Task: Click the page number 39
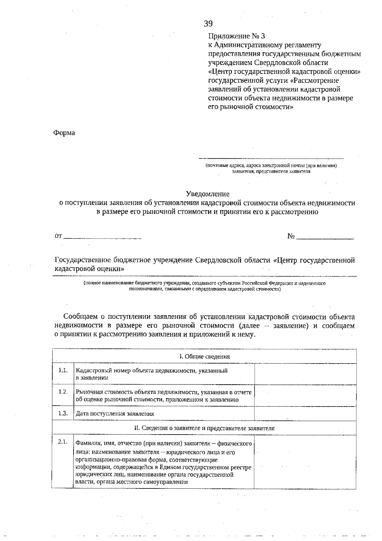click(208, 24)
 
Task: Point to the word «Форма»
click(64, 133)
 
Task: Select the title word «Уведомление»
click(208, 194)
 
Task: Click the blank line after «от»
click(103, 237)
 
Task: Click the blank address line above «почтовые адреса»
click(271, 157)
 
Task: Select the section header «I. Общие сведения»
click(204, 357)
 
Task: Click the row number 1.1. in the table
click(63, 370)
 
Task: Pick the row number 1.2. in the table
click(63, 392)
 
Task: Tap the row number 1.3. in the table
click(63, 413)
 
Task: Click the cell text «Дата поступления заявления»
click(115, 414)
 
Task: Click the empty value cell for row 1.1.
click(305, 374)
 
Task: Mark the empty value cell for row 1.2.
click(305, 395)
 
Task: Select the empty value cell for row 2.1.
click(305, 462)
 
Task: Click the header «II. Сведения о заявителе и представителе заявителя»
click(204, 428)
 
